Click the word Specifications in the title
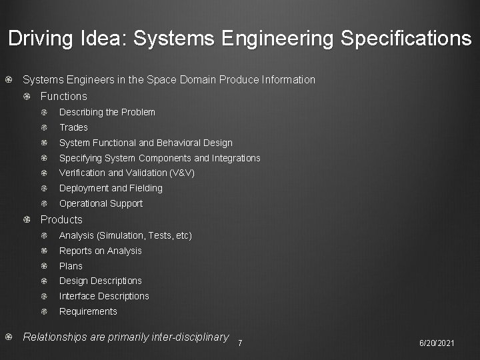pos(405,38)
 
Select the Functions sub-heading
pos(63,96)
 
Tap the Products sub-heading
pos(61,219)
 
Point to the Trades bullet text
pos(73,127)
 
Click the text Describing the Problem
pos(107,112)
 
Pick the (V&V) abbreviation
pos(183,173)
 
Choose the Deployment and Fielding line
pos(111,188)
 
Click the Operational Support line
pos(101,203)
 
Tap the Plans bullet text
pos(71,266)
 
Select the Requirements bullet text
pos(88,311)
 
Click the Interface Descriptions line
pos(104,296)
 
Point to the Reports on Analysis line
pos(100,251)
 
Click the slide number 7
pos(240,343)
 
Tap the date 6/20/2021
pos(437,343)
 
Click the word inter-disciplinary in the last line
pos(191,337)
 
